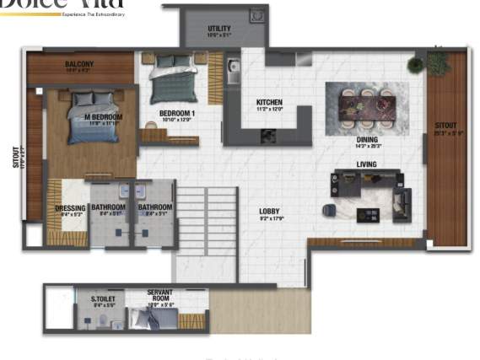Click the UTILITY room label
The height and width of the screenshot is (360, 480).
tap(219, 29)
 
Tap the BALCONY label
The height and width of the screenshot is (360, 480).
tap(79, 64)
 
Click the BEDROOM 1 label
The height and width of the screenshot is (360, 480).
tap(177, 113)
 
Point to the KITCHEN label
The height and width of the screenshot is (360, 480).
tap(269, 103)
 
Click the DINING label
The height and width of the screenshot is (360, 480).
tap(366, 140)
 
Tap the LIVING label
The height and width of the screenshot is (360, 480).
tap(366, 164)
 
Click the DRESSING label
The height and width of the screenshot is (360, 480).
tap(69, 207)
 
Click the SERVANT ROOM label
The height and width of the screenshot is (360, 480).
tap(159, 296)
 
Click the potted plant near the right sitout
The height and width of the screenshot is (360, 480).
tap(416, 65)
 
